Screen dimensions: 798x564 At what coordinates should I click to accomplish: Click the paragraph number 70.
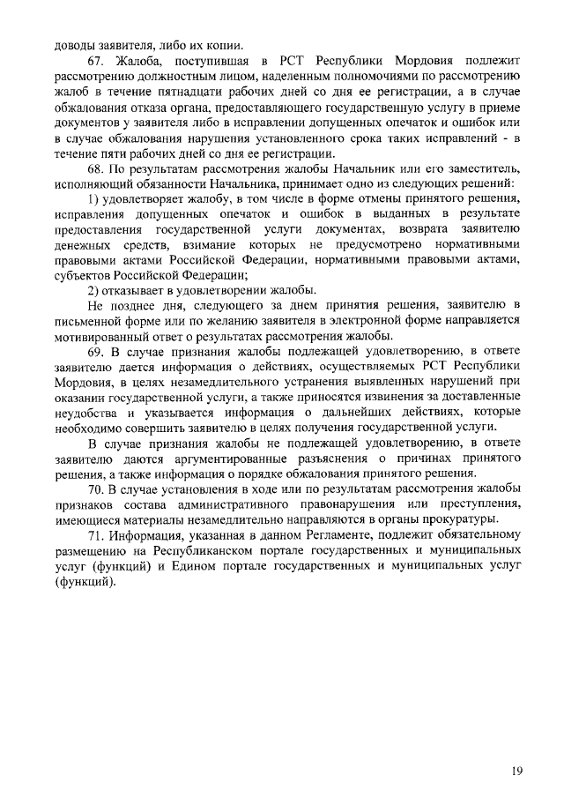pyautogui.click(x=96, y=488)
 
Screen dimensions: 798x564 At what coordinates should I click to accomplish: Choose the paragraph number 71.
pyautogui.click(x=96, y=535)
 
